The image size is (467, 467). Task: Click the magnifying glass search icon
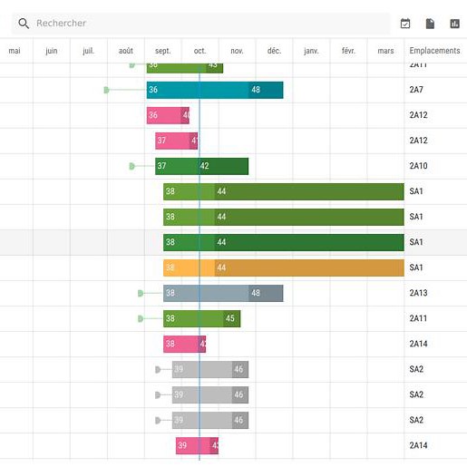point(24,24)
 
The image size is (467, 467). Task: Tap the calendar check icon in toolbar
point(405,24)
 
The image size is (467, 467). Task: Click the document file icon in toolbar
point(431,24)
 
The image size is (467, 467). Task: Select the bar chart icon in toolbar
point(455,24)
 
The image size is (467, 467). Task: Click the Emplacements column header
point(434,51)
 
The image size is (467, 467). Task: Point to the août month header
point(126,51)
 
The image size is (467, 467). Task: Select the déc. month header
point(274,51)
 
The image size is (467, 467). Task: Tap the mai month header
point(15,51)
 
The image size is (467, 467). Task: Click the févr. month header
point(348,51)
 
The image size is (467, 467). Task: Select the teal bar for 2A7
point(214,90)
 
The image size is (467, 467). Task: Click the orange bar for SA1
point(283,268)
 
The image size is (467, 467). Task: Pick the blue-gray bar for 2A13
point(222,293)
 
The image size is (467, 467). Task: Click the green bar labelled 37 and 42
point(201,166)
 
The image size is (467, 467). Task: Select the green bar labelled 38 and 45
point(201,318)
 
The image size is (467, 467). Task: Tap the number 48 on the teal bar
point(256,90)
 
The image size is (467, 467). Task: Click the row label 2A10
point(418,166)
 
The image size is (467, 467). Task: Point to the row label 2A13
point(418,293)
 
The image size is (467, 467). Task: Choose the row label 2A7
point(416,90)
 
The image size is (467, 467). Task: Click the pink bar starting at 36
point(168,115)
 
